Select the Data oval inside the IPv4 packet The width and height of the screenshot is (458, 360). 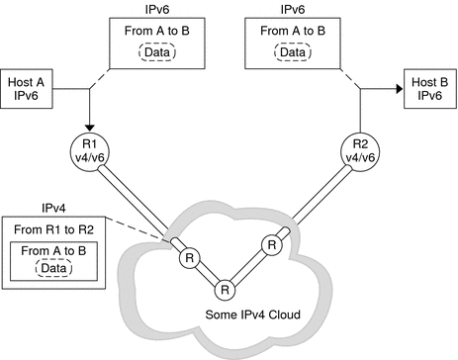click(x=57, y=269)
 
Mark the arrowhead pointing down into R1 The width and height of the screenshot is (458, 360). click(x=89, y=126)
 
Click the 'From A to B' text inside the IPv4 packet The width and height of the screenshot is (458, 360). click(x=57, y=251)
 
